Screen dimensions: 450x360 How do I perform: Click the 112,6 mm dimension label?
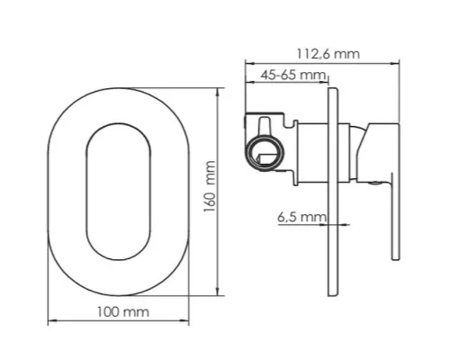point(328,54)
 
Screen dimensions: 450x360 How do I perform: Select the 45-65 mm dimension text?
point(293,75)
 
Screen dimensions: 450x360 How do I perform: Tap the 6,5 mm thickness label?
point(301,217)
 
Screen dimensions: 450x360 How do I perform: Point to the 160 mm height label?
point(210,186)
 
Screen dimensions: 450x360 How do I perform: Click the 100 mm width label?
point(123,312)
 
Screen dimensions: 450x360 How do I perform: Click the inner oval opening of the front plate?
point(86,192)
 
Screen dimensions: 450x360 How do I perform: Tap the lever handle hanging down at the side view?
point(395,216)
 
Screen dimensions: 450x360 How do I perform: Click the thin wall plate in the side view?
point(333,192)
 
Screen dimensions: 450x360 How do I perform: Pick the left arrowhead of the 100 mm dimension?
point(51,321)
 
